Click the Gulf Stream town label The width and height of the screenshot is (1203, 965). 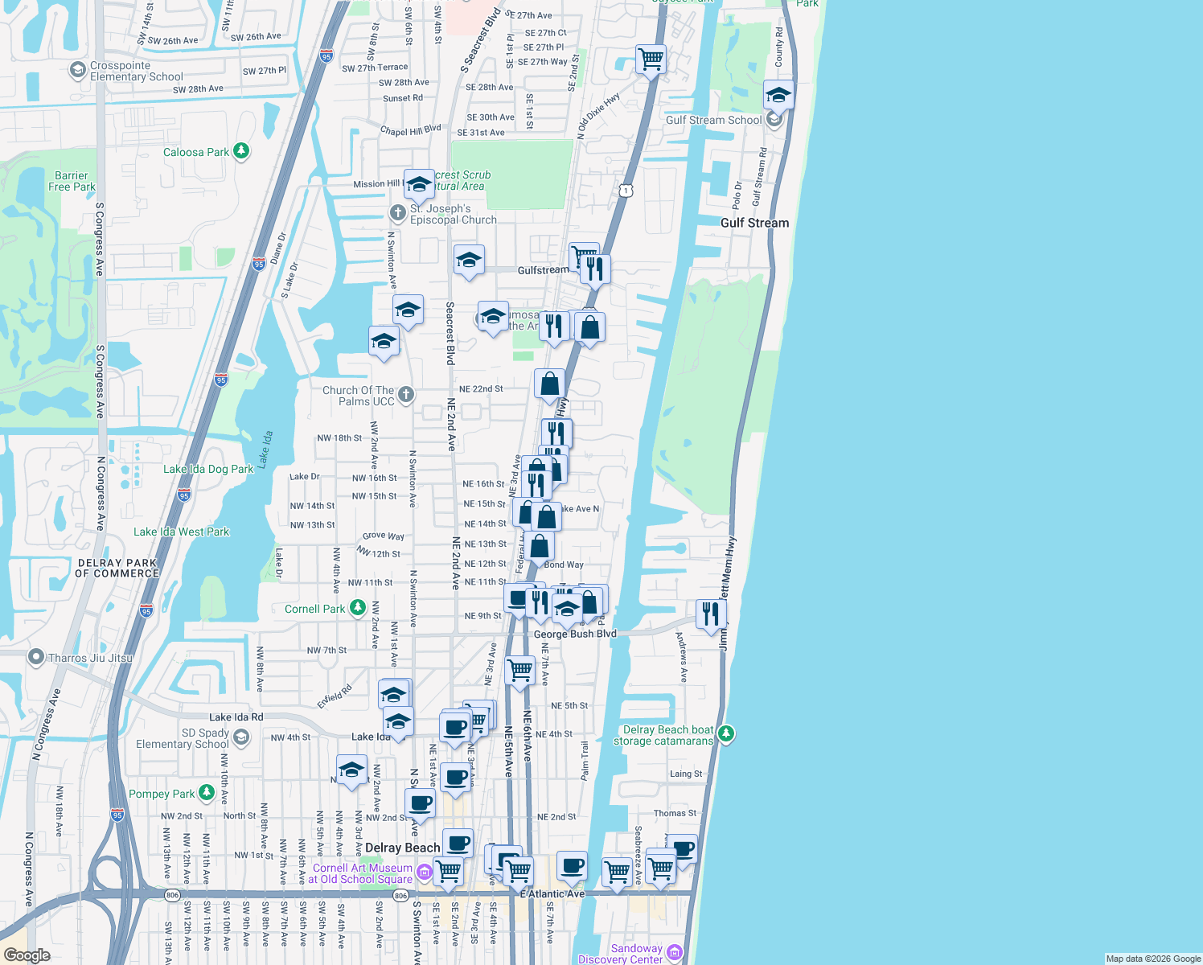(754, 223)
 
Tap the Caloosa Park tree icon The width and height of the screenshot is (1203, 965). (240, 151)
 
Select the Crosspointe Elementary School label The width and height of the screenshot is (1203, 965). (136, 72)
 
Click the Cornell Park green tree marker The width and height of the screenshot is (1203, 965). (358, 608)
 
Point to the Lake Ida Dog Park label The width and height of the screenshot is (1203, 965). (208, 469)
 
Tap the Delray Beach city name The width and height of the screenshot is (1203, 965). (402, 848)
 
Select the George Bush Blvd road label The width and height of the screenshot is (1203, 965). (575, 634)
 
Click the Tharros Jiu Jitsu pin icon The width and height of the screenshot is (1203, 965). (35, 658)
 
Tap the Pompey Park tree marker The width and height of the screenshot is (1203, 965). (206, 793)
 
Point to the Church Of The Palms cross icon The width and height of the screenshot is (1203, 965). (406, 394)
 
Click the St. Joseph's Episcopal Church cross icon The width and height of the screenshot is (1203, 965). (397, 213)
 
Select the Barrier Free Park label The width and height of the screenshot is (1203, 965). (72, 181)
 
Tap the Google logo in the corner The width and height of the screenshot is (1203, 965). (27, 955)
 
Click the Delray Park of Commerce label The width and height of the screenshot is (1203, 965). (117, 569)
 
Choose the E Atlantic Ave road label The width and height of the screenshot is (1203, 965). (552, 894)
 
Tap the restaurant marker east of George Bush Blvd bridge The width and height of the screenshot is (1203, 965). (711, 614)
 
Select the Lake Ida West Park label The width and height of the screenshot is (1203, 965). (181, 532)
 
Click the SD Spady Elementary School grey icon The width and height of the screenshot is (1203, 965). (240, 737)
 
